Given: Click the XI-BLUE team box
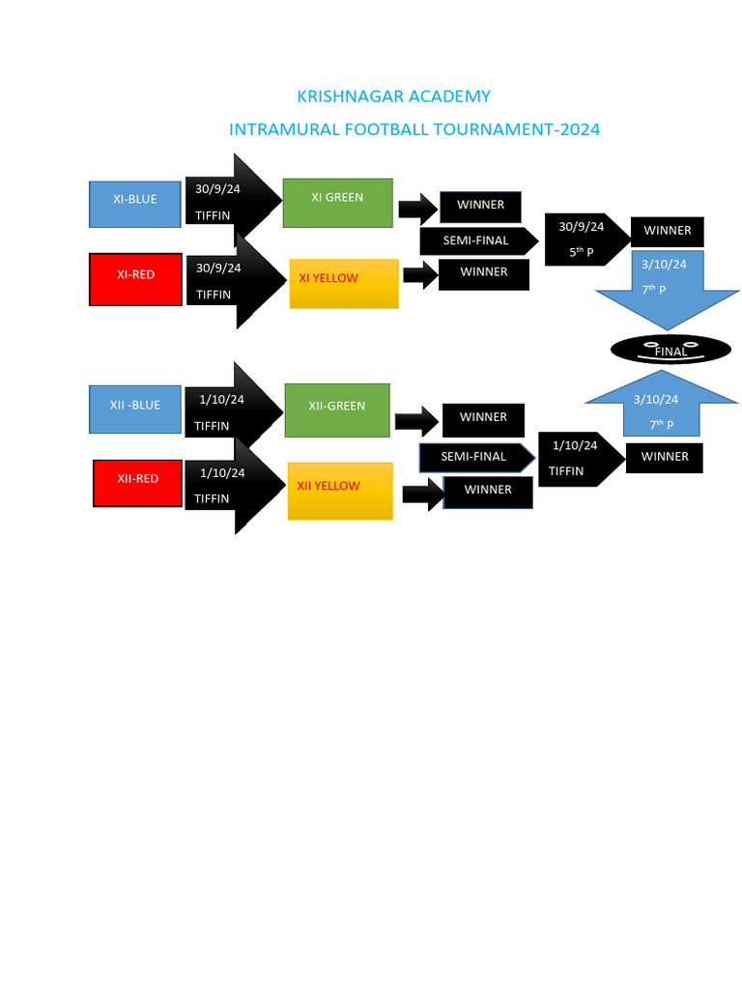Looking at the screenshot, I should (135, 204).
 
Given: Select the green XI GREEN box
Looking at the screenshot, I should (337, 203).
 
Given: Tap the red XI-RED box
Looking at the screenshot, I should (135, 279).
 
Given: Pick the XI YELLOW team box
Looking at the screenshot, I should (344, 284).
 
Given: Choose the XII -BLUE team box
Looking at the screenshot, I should (135, 410).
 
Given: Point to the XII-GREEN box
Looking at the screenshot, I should (337, 410).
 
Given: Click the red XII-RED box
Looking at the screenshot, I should (138, 483).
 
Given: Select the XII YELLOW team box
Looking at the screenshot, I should (340, 492).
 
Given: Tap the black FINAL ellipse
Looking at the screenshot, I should (671, 350).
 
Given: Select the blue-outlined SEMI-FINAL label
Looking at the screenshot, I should (476, 457).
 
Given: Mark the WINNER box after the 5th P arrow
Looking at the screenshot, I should (668, 232).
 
